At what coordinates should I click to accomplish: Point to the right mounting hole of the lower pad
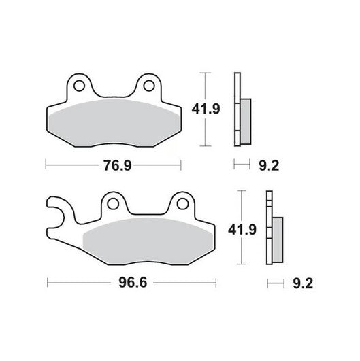(x=181, y=203)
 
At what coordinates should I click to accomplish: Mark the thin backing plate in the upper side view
(x=237, y=109)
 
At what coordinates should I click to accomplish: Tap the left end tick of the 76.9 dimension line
(x=46, y=164)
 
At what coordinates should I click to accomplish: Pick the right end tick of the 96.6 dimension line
(x=216, y=281)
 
